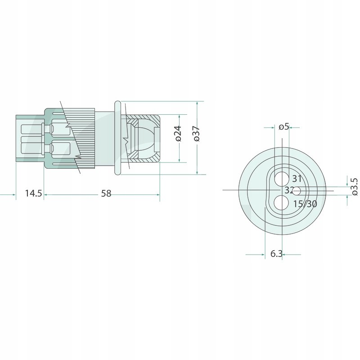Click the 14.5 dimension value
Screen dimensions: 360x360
pyautogui.click(x=33, y=193)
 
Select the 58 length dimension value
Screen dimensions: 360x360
pyautogui.click(x=106, y=193)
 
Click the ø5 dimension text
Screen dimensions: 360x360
pyautogui.click(x=283, y=127)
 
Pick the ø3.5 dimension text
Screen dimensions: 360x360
pyautogui.click(x=354, y=186)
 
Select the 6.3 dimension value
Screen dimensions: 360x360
pyautogui.click(x=276, y=254)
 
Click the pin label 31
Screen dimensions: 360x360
pyautogui.click(x=297, y=179)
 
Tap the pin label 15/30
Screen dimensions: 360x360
pyautogui.click(x=305, y=204)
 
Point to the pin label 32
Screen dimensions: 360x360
pyautogui.click(x=289, y=190)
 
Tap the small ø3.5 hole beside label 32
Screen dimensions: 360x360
pyautogui.click(x=297, y=191)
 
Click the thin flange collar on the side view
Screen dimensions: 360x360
pyautogui.click(x=117, y=137)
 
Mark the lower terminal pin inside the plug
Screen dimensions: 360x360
pyautogui.click(x=58, y=147)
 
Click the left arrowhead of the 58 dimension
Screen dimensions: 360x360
pyautogui.click(x=46, y=194)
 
